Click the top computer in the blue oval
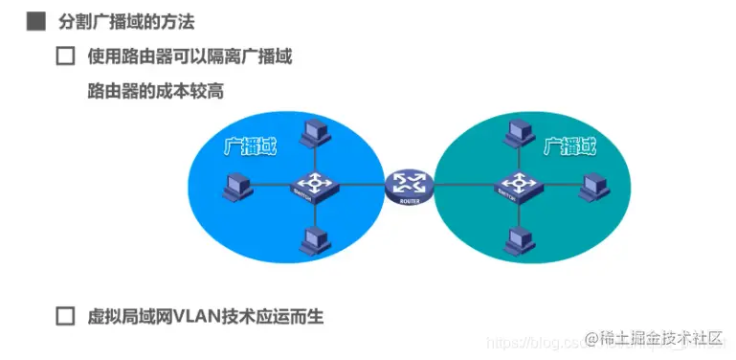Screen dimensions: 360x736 click(x=311, y=134)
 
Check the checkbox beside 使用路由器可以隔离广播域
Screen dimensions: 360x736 click(x=65, y=56)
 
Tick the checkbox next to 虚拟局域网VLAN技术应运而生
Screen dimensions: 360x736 click(x=65, y=315)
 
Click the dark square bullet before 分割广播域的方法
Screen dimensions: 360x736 click(x=36, y=20)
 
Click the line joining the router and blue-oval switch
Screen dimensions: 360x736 click(x=358, y=184)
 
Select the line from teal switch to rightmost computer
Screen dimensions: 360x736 click(x=559, y=184)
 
